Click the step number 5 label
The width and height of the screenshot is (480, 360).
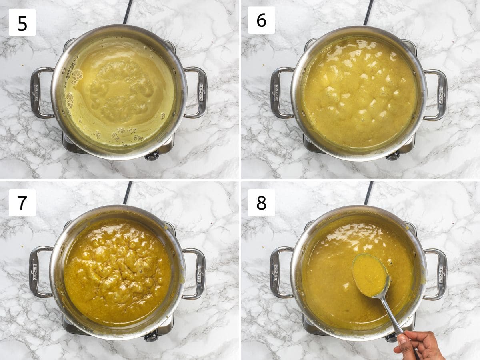click(x=22, y=22)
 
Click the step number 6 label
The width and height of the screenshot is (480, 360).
click(x=261, y=20)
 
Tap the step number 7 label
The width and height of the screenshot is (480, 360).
click(x=22, y=203)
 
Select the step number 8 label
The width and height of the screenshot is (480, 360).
click(x=261, y=203)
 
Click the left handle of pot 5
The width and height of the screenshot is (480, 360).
click(x=38, y=93)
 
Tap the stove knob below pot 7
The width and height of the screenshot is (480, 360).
click(x=151, y=337)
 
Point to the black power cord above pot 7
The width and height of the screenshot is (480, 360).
click(x=128, y=193)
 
